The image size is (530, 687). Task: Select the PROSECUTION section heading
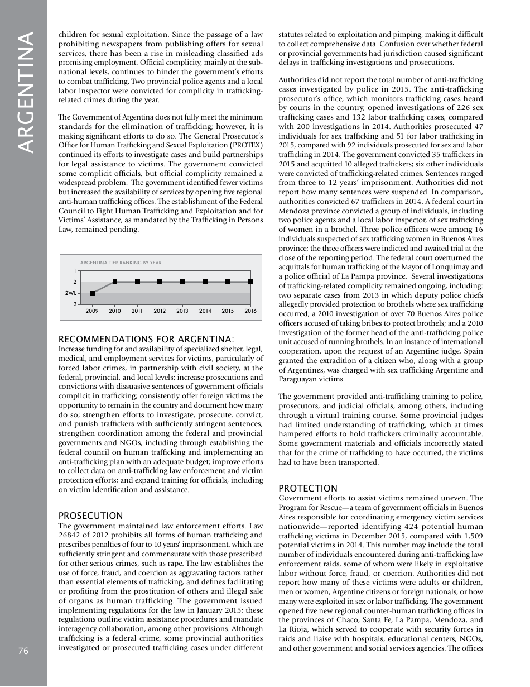pos(90,516)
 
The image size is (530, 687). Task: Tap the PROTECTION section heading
pos(308,488)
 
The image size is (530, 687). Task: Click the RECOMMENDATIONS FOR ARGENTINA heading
pos(146,339)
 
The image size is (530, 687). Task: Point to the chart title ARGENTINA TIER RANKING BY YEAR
pos(121,263)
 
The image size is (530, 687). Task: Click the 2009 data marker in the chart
pos(93,293)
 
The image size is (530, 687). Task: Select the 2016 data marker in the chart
pos(250,282)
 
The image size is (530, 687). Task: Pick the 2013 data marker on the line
pos(183,282)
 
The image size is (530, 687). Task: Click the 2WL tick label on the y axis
pos(70,293)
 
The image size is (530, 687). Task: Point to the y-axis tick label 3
pos(75,304)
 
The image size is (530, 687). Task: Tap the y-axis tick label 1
pos(75,271)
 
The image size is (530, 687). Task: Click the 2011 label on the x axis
pos(137,311)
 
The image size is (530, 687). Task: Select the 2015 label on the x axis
pos(228,311)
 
